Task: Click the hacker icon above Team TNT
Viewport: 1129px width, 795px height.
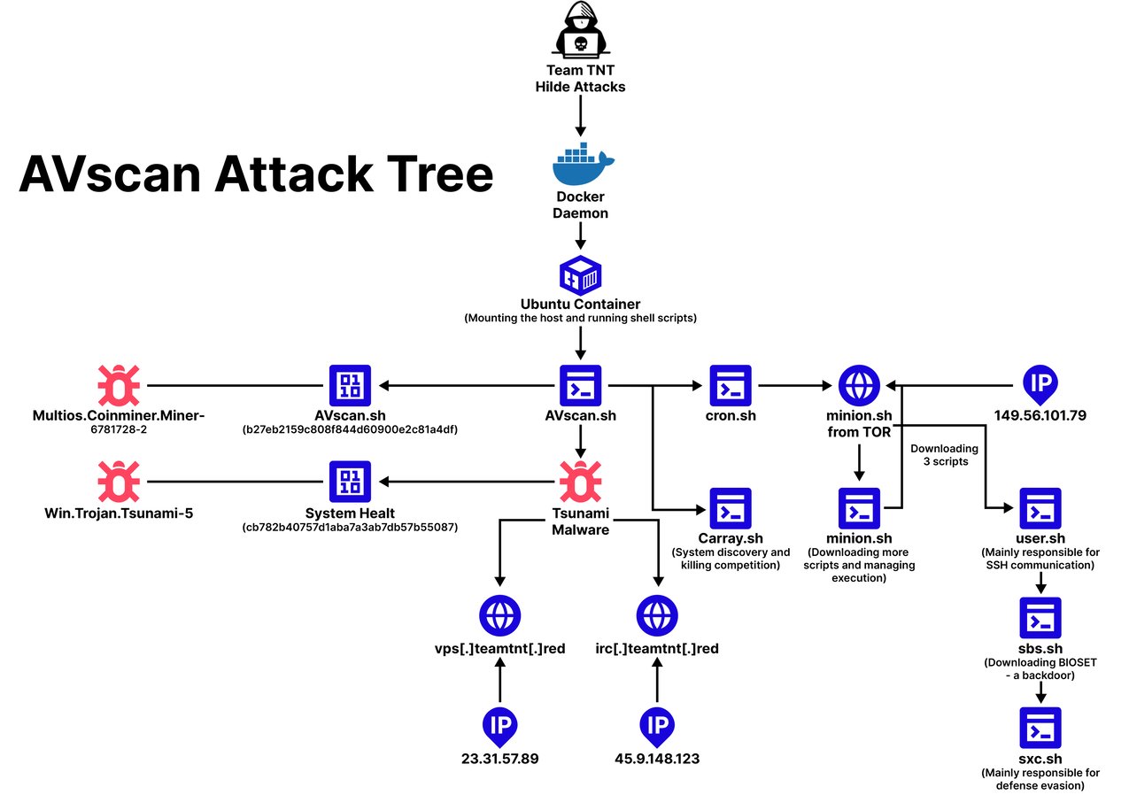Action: click(x=579, y=32)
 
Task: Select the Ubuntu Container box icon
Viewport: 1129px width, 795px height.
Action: click(x=581, y=275)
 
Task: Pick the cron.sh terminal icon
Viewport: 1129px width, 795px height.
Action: click(x=730, y=385)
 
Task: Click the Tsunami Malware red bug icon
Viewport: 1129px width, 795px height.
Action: click(x=581, y=482)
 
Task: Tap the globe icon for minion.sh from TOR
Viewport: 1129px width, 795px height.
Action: click(x=859, y=385)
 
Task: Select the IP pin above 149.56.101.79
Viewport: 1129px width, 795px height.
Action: click(x=1040, y=382)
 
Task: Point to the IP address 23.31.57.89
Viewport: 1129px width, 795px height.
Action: click(x=499, y=759)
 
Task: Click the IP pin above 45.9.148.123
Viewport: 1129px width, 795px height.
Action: click(x=657, y=724)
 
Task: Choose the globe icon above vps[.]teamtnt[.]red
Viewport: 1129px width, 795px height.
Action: click(x=499, y=614)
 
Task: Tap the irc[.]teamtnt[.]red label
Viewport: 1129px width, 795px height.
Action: click(x=658, y=648)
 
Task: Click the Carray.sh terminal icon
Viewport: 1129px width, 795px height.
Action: click(x=730, y=509)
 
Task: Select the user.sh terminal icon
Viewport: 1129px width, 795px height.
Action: click(x=1040, y=508)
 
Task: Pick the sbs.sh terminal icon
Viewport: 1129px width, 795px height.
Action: click(x=1040, y=618)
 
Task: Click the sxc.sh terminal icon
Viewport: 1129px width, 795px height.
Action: click(x=1040, y=728)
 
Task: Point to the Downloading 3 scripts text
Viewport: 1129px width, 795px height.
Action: click(x=944, y=455)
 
